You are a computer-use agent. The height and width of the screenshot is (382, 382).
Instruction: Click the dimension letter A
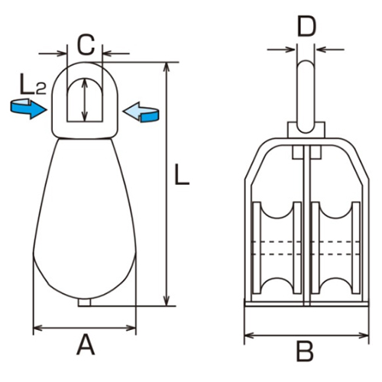point(86,347)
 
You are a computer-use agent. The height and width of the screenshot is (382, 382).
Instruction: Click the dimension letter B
point(305,352)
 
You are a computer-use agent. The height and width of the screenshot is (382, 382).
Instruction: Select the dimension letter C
point(86,43)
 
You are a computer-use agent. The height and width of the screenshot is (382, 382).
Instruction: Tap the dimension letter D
point(306,28)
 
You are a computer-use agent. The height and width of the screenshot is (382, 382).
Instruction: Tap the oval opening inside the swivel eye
point(79,99)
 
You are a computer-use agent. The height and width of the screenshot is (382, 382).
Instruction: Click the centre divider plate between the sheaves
point(306,229)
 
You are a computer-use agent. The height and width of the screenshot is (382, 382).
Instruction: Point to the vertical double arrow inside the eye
point(86,99)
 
